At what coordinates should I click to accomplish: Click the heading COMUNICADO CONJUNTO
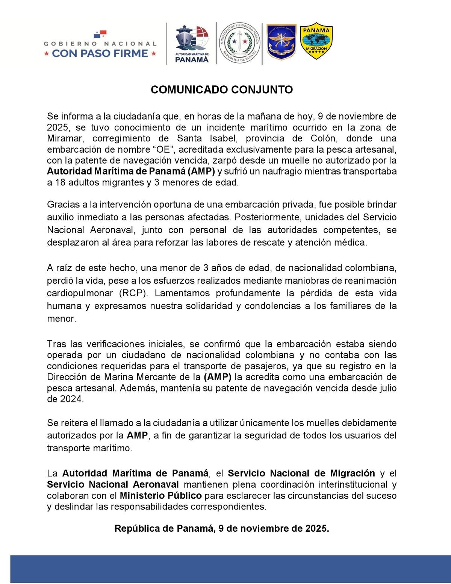pos(221,90)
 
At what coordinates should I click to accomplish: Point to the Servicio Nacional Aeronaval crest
pos(281,42)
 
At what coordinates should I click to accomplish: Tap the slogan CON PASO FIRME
pos(100,53)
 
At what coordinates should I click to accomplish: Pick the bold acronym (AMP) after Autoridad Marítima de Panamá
pos(201,171)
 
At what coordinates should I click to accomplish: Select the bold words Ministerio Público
pos(160,495)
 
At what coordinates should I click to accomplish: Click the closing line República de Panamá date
pos(221,528)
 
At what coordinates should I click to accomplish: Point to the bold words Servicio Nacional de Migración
pos(301,473)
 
